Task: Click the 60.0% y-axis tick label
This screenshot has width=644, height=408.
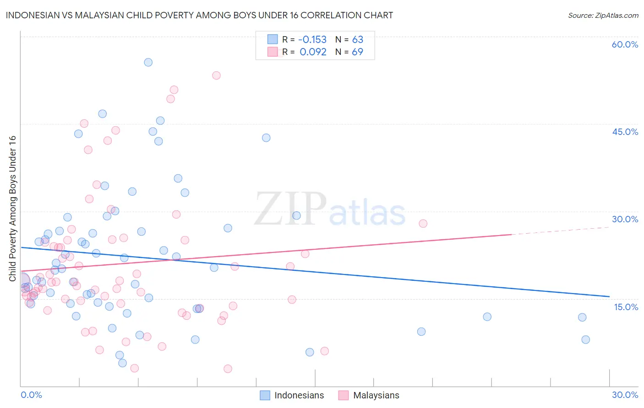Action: pos(625,44)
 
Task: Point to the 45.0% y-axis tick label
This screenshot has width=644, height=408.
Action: pos(625,132)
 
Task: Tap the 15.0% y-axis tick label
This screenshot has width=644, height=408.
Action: pos(626,307)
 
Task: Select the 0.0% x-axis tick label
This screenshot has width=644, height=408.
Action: pos(31,395)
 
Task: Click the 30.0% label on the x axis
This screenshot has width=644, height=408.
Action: pos(625,395)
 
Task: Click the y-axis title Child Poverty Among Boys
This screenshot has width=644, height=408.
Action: pos(12,209)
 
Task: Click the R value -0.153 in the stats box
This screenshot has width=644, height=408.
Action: pos(313,40)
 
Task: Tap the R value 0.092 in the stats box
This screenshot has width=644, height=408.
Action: pos(313,52)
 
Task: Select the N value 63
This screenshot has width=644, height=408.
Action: pos(357,40)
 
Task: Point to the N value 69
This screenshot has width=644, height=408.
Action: pos(357,52)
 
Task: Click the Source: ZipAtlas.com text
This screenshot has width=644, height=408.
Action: pos(603,15)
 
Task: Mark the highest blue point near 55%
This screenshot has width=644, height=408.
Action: pos(148,62)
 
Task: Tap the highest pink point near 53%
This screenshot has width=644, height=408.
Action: pos(216,75)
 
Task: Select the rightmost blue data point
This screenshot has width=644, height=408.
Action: pos(585,339)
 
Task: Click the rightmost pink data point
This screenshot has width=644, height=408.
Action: pos(423,224)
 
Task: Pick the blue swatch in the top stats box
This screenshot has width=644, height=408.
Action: pos(273,40)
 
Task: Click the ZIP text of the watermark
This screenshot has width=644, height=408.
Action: pos(290,209)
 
